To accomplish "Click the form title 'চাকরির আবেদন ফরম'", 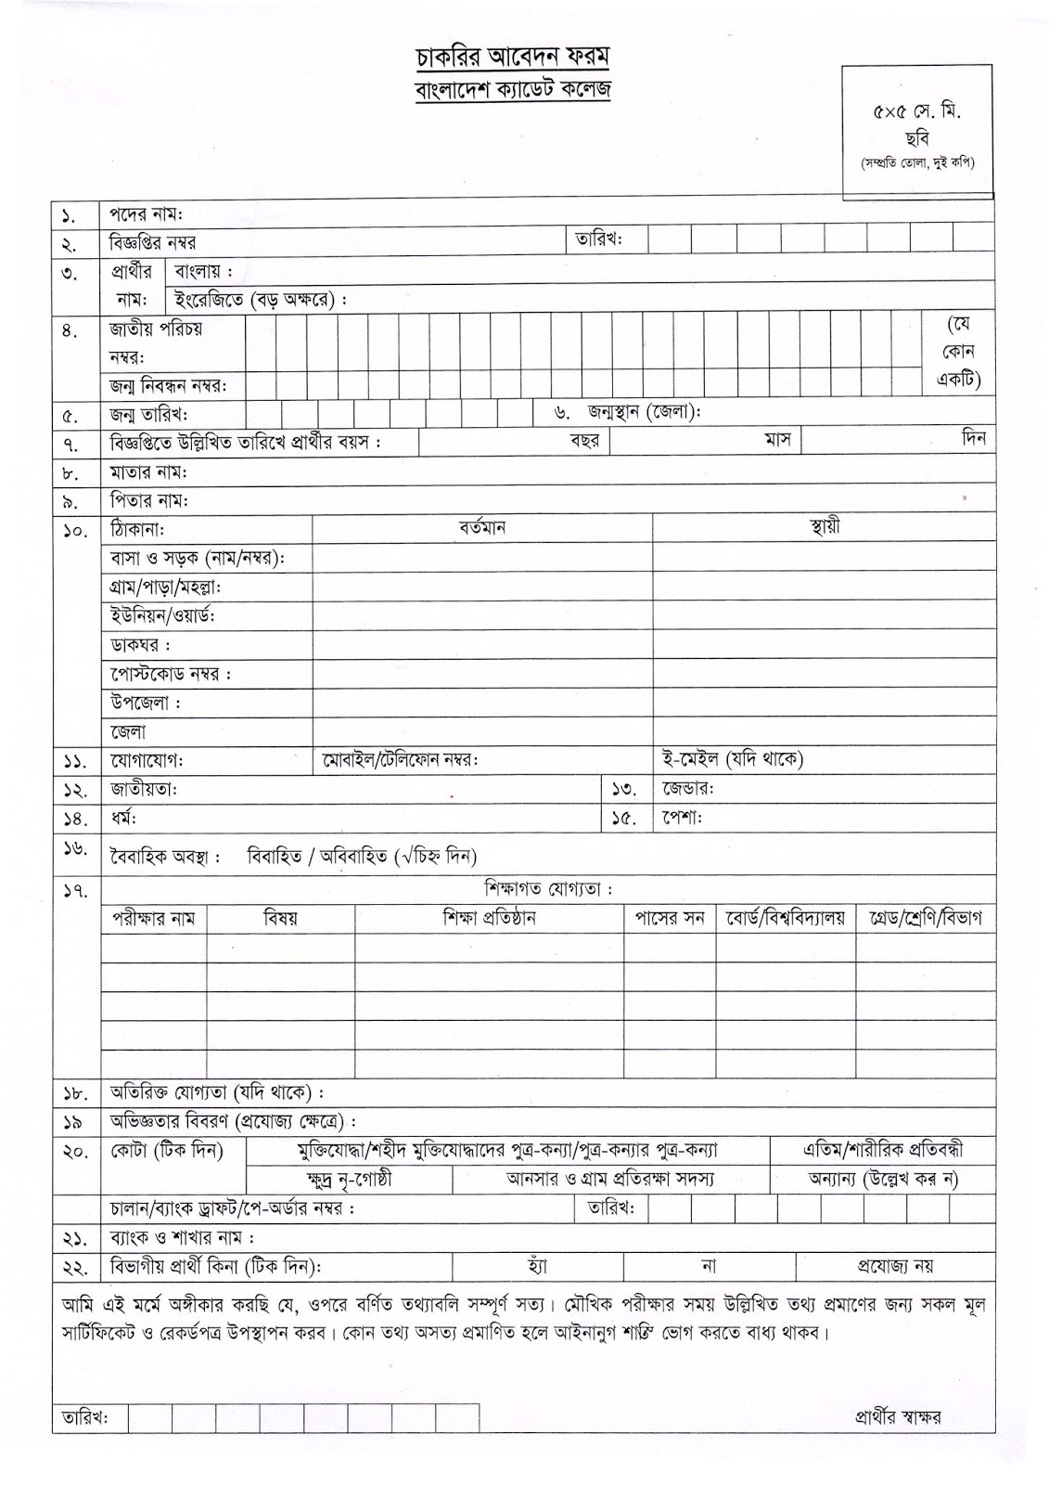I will click(512, 58).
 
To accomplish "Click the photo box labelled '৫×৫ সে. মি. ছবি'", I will click(916, 131).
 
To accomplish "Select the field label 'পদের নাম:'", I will click(147, 214).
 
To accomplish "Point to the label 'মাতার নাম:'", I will click(148, 472).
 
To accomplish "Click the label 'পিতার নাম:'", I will click(148, 500).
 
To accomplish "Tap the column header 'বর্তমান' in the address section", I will click(481, 528).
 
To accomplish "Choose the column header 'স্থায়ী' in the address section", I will click(824, 528).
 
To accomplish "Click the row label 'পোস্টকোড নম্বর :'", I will click(171, 674).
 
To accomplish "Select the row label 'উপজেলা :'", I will click(146, 703).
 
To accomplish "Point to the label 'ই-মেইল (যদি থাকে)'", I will click(732, 759).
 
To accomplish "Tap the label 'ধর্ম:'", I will click(123, 818).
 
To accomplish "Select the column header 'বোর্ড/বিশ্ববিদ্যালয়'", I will click(786, 919).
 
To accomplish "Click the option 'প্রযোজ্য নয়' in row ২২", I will click(894, 1265).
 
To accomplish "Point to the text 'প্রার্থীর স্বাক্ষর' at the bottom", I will click(898, 1417).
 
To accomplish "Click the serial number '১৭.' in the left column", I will click(75, 891).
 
